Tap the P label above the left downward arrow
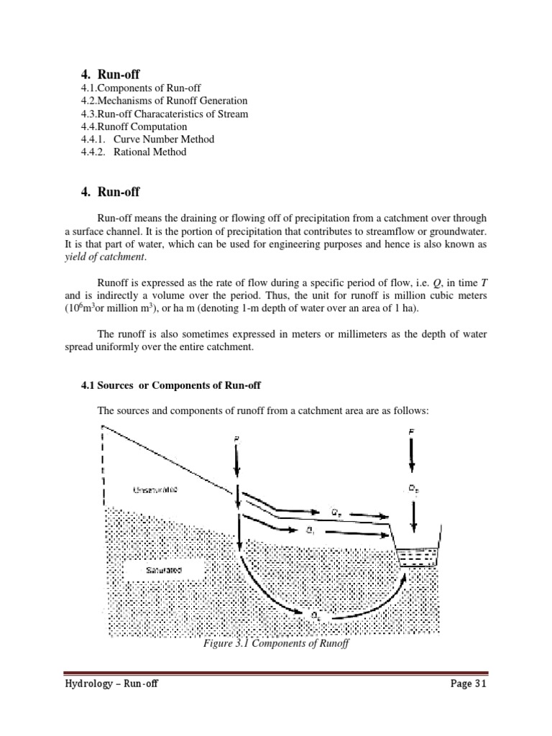tap(236, 439)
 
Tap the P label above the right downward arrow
tap(411, 433)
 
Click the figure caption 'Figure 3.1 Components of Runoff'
tap(276, 644)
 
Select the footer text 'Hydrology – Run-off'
tap(111, 684)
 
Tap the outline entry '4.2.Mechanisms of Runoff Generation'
tap(164, 101)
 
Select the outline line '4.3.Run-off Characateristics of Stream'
tap(165, 114)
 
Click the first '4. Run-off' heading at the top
tap(110, 73)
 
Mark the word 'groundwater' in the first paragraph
tap(455, 231)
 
